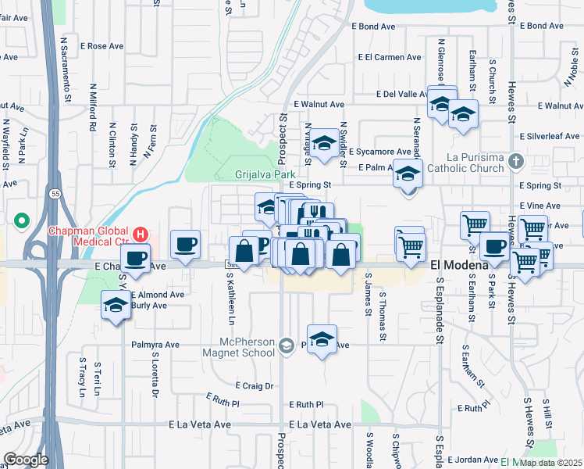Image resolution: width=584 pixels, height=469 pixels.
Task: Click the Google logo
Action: [26, 460]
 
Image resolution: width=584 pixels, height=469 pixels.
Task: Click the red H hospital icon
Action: [141, 234]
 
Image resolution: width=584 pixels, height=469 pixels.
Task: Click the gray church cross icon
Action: [515, 162]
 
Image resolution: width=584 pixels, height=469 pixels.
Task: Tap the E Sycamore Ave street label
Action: [379, 152]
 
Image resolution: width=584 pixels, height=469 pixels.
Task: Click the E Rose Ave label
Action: [101, 46]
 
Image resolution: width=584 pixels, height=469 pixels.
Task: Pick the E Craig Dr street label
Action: [255, 386]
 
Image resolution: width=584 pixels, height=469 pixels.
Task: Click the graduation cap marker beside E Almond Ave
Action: [116, 306]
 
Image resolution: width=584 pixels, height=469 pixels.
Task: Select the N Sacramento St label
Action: [67, 70]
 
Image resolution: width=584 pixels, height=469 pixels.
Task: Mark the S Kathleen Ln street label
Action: [230, 303]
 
